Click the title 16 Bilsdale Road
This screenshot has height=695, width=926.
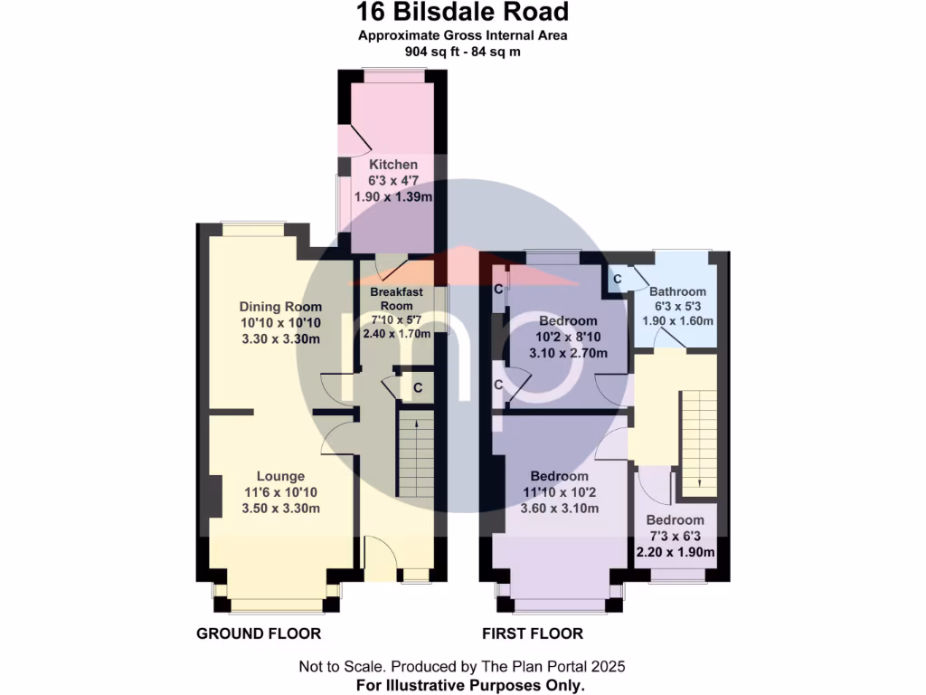(x=462, y=13)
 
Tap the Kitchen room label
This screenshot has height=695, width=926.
(x=393, y=165)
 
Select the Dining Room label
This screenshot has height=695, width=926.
(x=280, y=307)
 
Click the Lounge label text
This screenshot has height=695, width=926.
(x=280, y=476)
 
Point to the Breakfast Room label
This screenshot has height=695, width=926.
(x=397, y=299)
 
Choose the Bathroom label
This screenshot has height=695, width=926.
(x=677, y=291)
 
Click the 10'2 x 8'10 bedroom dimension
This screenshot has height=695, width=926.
(x=568, y=337)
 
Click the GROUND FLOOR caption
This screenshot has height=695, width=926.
(x=259, y=633)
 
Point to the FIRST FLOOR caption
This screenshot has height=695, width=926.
(x=534, y=633)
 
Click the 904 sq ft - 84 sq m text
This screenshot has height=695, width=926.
(x=462, y=52)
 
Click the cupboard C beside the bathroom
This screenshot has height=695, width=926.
(x=617, y=280)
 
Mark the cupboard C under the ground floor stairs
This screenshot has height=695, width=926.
(x=417, y=388)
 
